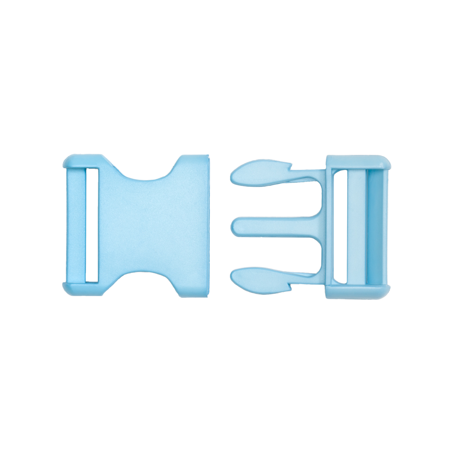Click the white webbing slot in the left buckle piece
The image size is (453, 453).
pyautogui.click(x=92, y=225)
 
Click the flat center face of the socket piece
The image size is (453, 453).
pyautogui.click(x=149, y=225)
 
